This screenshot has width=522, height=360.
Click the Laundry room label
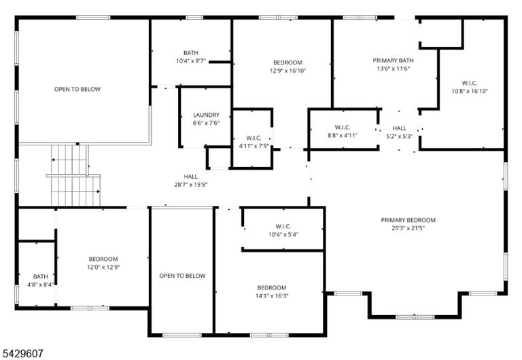[x=206, y=115]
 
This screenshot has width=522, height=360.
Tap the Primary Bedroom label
[x=408, y=220]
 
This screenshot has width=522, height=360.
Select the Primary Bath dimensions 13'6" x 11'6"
[x=393, y=69]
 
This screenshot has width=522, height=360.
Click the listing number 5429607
[x=22, y=353]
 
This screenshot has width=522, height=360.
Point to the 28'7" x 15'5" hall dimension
[x=191, y=185]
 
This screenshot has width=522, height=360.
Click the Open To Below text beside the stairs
[x=77, y=89]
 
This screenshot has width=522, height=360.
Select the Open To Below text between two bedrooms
[x=182, y=276]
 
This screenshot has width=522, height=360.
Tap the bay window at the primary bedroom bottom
[x=415, y=317]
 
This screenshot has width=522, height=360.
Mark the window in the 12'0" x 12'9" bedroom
[x=90, y=308]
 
